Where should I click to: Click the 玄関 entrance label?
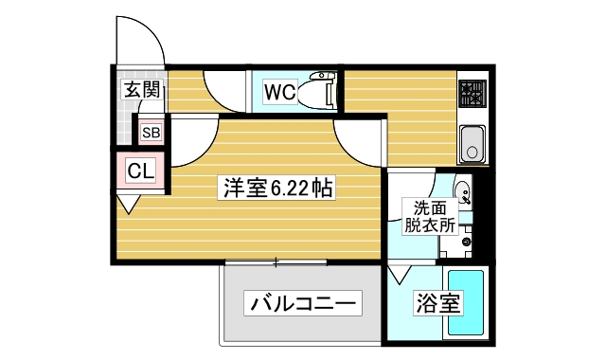click(x=141, y=92)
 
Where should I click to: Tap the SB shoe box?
click(x=151, y=133)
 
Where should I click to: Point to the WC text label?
click(x=280, y=92)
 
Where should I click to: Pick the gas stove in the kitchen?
click(x=471, y=94)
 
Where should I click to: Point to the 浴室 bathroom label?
click(x=437, y=304)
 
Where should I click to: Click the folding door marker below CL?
click(x=128, y=202)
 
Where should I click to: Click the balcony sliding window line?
click(x=276, y=261)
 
